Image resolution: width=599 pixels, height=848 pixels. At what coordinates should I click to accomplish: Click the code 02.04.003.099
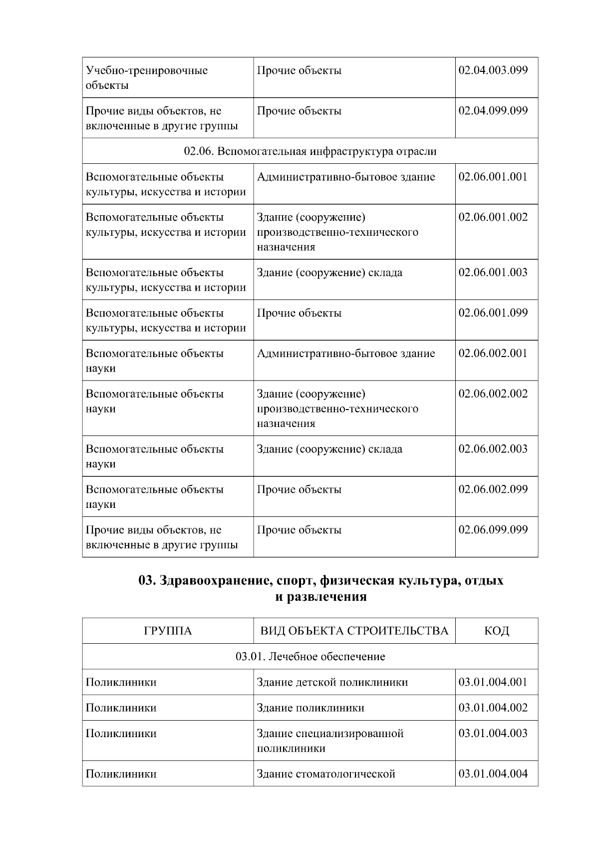coord(493,70)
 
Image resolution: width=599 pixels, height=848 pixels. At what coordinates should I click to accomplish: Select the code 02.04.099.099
coord(493,111)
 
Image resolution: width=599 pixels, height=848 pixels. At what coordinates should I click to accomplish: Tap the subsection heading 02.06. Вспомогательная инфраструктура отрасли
coord(310,151)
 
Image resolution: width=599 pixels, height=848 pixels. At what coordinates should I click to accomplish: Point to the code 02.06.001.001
coord(493,177)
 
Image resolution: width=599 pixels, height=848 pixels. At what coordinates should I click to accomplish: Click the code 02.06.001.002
coord(493,217)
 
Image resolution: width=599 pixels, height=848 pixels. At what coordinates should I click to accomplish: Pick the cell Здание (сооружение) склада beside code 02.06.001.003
coord(329,273)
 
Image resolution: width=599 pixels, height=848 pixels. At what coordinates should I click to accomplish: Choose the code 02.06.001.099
coord(493,313)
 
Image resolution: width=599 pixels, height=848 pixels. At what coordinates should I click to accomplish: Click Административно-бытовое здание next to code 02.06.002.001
coord(345,354)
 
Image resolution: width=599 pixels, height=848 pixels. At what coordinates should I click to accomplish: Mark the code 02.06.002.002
coord(493,394)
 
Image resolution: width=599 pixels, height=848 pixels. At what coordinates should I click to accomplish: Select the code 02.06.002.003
coord(493,449)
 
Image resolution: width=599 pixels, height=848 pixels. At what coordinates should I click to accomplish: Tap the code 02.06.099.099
coord(493,530)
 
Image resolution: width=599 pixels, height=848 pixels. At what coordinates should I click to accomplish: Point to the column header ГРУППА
coord(168,631)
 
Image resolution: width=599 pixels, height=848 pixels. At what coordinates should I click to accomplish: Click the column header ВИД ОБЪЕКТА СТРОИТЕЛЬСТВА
coord(354,631)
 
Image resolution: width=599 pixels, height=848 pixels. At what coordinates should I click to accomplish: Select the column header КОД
coord(496,631)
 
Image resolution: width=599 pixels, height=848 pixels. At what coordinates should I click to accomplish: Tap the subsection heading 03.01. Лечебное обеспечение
coord(310,656)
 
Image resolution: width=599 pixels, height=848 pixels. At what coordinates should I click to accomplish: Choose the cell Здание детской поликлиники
coord(332,682)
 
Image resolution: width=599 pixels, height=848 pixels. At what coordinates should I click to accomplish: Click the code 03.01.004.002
coord(493,708)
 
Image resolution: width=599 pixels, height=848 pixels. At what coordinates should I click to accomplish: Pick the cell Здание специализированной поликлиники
coord(329,741)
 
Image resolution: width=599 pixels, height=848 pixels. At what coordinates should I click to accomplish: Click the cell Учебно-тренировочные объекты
coord(147,77)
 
